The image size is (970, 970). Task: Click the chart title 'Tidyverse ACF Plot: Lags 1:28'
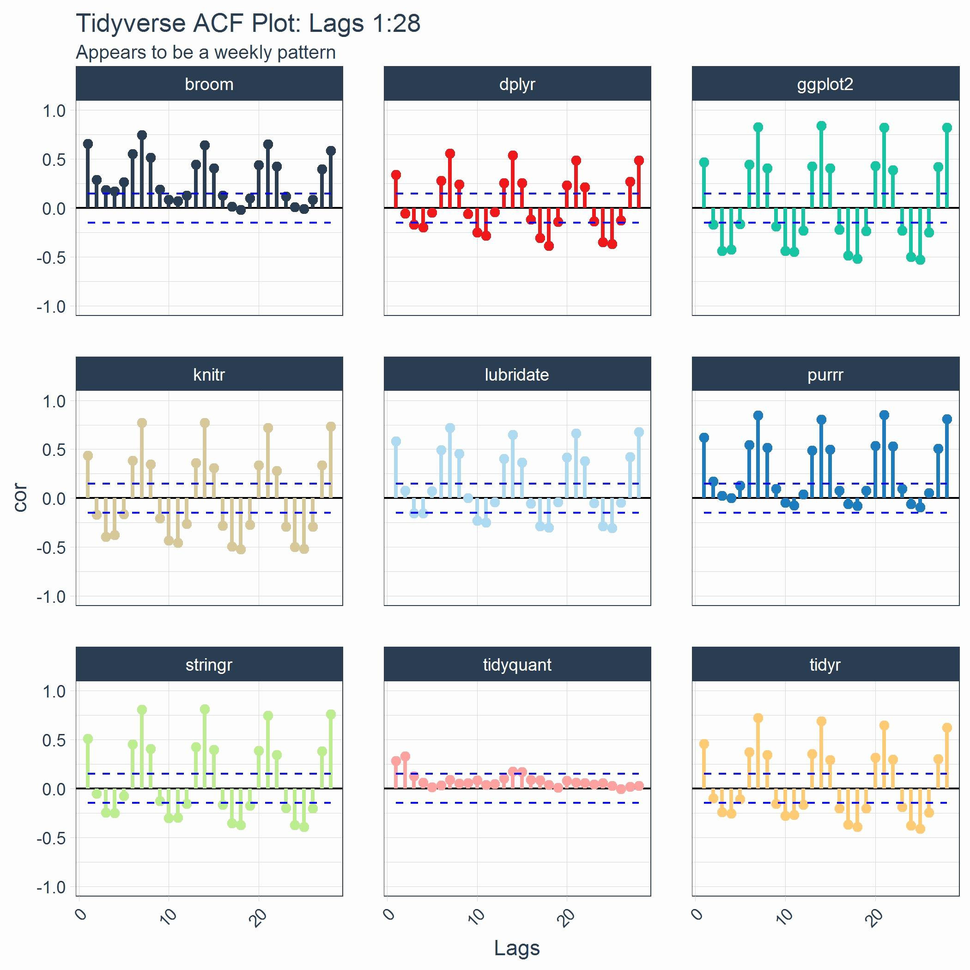click(x=248, y=23)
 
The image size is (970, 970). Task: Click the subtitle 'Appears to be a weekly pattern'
click(x=206, y=52)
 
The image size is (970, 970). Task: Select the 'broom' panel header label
click(x=209, y=84)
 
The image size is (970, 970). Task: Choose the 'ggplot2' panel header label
click(x=825, y=84)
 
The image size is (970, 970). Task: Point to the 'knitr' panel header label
click(x=209, y=374)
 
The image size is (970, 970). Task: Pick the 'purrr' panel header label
click(x=825, y=374)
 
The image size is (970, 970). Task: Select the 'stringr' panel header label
click(x=209, y=664)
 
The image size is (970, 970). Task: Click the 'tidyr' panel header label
click(x=825, y=664)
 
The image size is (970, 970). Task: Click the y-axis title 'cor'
click(x=20, y=497)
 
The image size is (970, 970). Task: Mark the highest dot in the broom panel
click(x=142, y=135)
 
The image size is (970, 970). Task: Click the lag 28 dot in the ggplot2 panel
click(x=947, y=127)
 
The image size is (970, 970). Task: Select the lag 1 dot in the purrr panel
click(x=704, y=437)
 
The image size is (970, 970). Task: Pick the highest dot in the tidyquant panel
click(x=405, y=756)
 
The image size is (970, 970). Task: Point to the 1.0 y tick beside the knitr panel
click(x=54, y=400)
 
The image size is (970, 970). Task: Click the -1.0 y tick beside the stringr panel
click(x=51, y=887)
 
